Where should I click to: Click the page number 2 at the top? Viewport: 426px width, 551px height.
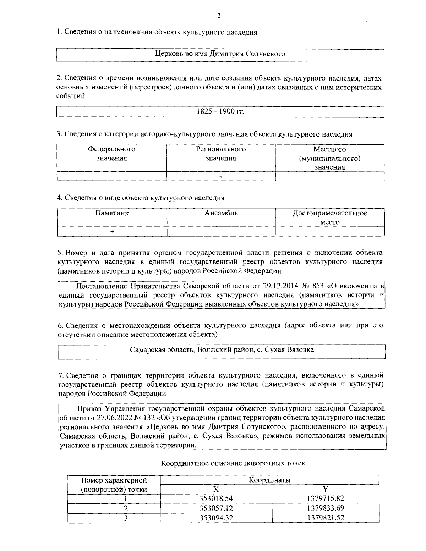click(219, 16)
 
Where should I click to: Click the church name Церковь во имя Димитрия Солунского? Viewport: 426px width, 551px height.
click(220, 54)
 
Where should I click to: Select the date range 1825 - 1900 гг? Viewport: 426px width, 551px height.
click(220, 111)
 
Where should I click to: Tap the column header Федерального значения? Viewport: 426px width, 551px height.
click(111, 154)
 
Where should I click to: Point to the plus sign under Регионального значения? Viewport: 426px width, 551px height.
click(221, 176)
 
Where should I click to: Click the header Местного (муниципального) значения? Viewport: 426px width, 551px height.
click(330, 158)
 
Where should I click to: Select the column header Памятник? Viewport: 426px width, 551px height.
click(112, 213)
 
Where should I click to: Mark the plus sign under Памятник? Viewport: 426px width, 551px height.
click(112, 232)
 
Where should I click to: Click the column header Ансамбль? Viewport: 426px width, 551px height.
click(221, 213)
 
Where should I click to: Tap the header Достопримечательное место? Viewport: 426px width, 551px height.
click(330, 217)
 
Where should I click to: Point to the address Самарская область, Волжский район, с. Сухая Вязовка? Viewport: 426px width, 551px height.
click(222, 349)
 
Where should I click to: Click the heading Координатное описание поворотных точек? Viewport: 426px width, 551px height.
click(233, 463)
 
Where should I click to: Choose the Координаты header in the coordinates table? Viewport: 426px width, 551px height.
click(269, 480)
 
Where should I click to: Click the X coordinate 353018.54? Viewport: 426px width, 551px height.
click(216, 498)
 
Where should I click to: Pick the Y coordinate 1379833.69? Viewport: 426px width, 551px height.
click(325, 508)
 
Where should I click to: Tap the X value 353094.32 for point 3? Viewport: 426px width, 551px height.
click(216, 518)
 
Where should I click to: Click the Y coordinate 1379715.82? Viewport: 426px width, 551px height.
click(325, 498)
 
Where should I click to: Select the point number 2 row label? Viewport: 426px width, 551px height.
click(125, 508)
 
